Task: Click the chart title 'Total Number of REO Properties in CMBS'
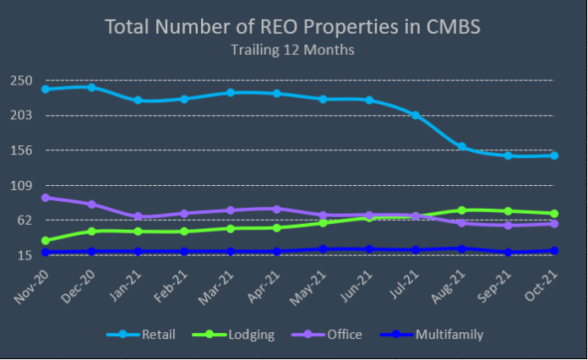pos(292,26)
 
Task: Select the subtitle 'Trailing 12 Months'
pos(292,50)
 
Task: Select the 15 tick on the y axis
pos(24,255)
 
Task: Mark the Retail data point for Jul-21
pos(416,115)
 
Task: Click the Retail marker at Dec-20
pos(91,87)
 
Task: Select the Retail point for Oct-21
pos(554,155)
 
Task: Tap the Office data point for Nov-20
pos(45,198)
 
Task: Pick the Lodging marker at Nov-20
pos(45,241)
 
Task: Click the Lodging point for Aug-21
pos(461,210)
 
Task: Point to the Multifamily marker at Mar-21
pos(230,252)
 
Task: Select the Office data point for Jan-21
pos(138,217)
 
